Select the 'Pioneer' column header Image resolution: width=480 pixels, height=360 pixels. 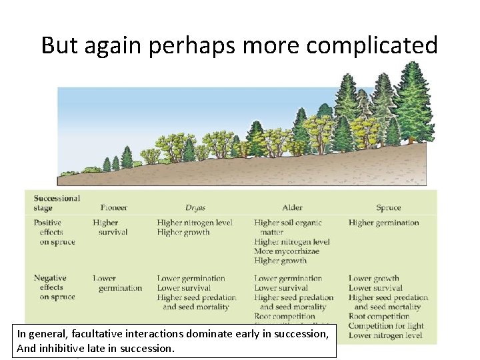click(x=114, y=208)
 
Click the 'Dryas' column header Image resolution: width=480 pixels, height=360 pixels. click(x=195, y=208)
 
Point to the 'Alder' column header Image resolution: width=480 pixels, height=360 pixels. click(x=292, y=208)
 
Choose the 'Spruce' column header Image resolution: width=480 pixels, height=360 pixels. click(x=388, y=208)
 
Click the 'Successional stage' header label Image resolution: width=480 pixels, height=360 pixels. click(x=57, y=203)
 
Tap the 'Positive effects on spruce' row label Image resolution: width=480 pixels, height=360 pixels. click(x=56, y=232)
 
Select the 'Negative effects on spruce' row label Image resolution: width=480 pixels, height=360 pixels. click(x=56, y=287)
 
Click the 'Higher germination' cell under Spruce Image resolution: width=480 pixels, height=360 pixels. click(x=383, y=223)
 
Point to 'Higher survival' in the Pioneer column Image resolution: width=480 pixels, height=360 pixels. click(x=109, y=227)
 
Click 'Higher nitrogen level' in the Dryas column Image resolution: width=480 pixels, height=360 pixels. click(x=195, y=223)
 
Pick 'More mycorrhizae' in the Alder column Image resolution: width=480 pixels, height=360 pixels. click(x=287, y=251)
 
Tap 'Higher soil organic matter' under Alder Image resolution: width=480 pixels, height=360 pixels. click(x=287, y=227)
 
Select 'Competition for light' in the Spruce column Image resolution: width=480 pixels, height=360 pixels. click(x=386, y=326)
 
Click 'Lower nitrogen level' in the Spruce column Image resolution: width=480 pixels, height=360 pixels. click(x=385, y=335)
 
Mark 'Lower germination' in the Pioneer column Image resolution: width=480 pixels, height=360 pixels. click(x=117, y=283)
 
